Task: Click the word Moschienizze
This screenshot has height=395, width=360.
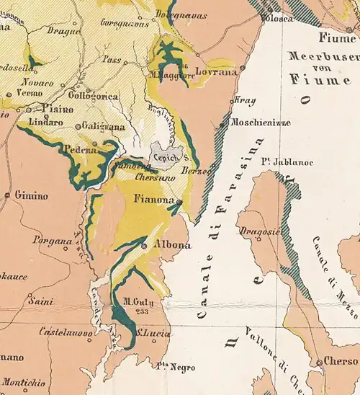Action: pyautogui.click(x=260, y=123)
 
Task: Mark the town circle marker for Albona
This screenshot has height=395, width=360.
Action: pyautogui.click(x=145, y=246)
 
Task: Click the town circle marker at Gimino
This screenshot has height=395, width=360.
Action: pyautogui.click(x=7, y=195)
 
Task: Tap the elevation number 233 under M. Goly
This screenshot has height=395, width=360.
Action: pyautogui.click(x=131, y=312)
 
